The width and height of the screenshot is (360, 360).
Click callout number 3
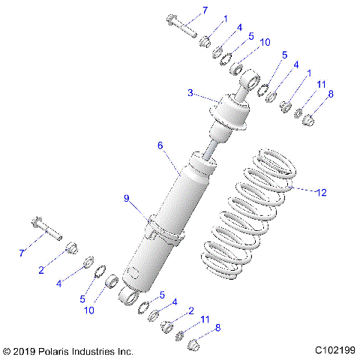(x=190, y=92)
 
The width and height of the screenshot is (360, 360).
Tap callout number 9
(x=127, y=197)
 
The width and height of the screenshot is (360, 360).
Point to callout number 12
(x=321, y=193)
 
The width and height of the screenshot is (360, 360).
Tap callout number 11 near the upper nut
(x=321, y=85)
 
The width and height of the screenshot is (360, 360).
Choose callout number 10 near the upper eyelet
(x=265, y=43)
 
